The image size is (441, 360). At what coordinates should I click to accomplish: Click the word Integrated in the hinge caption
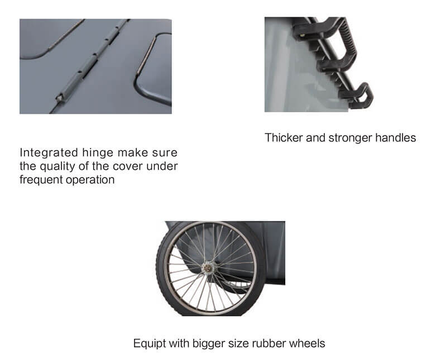click(x=49, y=153)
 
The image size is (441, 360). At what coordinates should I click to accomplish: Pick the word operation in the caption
click(x=90, y=180)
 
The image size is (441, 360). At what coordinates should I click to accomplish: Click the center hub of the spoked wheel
click(x=208, y=268)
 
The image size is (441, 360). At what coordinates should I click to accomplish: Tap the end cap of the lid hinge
click(x=60, y=98)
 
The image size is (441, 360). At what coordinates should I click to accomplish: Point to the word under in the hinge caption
click(x=162, y=166)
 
